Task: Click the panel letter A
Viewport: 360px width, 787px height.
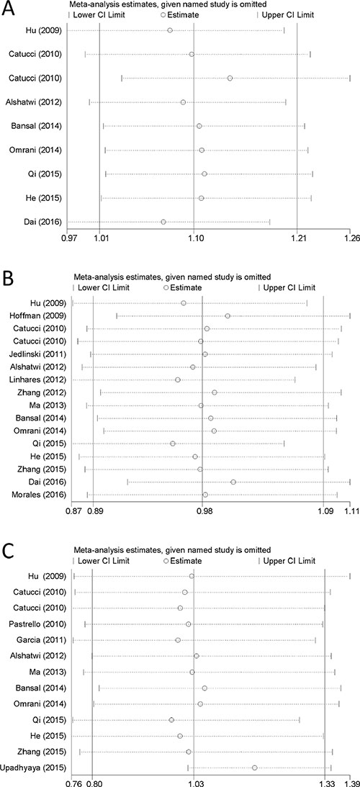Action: pyautogui.click(x=9, y=9)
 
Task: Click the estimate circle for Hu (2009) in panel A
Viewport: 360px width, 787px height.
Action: pyautogui.click(x=170, y=31)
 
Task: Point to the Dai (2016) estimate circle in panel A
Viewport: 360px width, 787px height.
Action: pyautogui.click(x=163, y=222)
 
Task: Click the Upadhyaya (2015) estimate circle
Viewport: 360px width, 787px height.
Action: pyautogui.click(x=255, y=768)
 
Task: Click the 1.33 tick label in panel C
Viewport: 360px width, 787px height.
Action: pyautogui.click(x=327, y=783)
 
